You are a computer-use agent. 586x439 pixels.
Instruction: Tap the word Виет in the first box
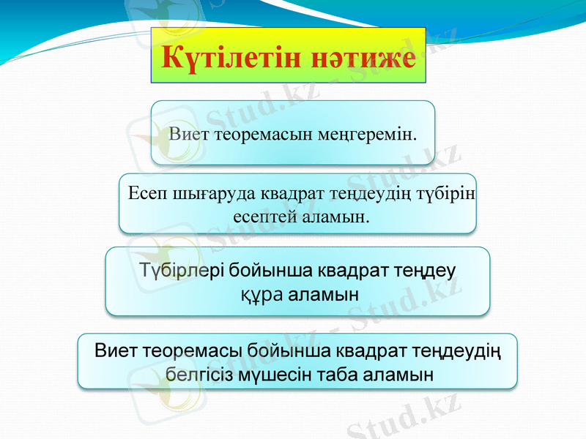pyautogui.click(x=188, y=135)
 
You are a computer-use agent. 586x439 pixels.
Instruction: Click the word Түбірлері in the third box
pyautogui.click(x=181, y=270)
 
